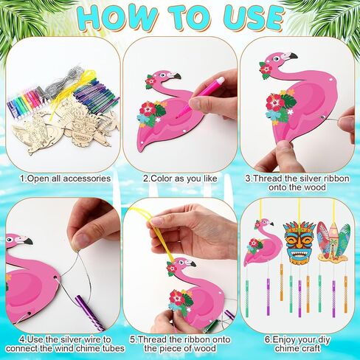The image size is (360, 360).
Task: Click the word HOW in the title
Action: coord(118,17)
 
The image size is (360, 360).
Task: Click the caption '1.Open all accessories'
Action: coord(66,179)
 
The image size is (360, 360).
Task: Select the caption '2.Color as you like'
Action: coord(180,179)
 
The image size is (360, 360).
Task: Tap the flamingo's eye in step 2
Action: coord(163,75)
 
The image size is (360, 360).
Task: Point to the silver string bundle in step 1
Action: coord(58,81)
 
